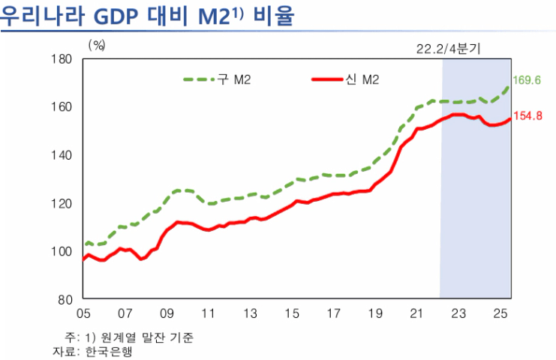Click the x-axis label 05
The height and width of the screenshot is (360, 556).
coord(83,313)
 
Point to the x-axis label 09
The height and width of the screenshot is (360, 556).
coord(167,313)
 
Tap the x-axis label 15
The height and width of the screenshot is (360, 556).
coord(293,313)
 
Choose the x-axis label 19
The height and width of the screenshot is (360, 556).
coord(377,313)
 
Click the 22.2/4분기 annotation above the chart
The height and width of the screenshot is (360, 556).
coord(448,48)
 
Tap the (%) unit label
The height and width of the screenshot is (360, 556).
coord(97,45)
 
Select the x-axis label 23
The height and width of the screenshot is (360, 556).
coord(460,313)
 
